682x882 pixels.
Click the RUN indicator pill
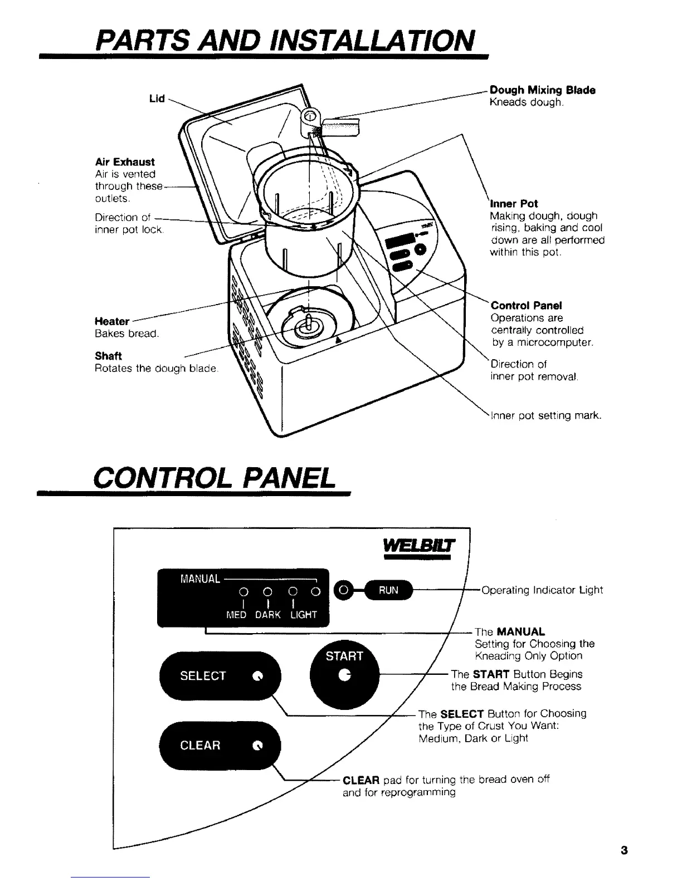388,591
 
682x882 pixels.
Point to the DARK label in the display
267,615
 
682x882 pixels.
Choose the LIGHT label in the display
303,615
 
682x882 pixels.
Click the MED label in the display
236,615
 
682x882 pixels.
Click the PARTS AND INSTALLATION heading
285,40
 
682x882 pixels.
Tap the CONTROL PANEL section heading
215,477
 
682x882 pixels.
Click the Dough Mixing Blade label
542,90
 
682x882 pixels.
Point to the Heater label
112,321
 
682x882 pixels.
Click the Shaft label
108,356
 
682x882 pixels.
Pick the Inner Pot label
514,204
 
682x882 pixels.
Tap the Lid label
157,99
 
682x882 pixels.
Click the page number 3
623,851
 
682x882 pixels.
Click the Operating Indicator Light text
542,590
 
